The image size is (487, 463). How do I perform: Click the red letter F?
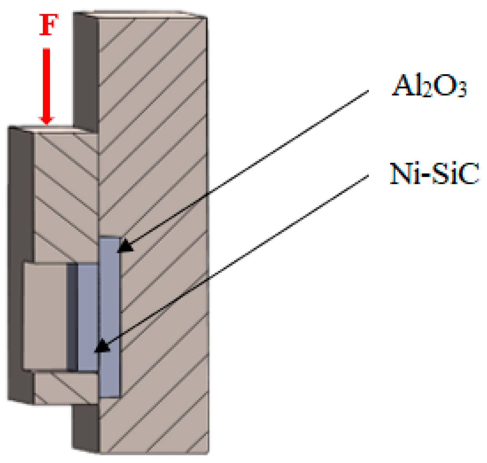(48, 25)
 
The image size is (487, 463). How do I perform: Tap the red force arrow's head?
(46, 120)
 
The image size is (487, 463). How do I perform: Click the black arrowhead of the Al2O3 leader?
(125, 246)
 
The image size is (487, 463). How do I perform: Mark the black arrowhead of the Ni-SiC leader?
(102, 347)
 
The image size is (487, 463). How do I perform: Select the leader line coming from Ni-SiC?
(235, 261)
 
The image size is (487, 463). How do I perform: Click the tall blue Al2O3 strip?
(110, 313)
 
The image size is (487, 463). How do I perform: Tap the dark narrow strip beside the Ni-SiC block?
(72, 317)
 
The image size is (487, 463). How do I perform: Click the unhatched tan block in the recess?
(45, 315)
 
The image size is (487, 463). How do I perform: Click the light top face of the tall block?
(141, 14)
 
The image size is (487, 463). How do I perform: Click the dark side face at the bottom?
(86, 427)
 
